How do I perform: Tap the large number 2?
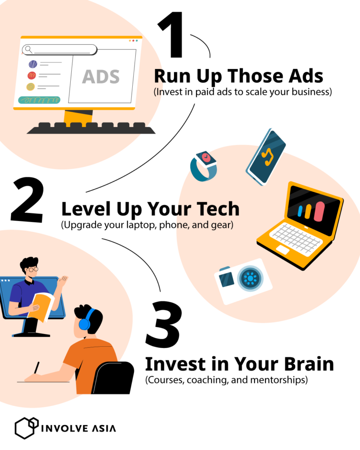point(28,200)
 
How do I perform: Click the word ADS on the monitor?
point(101,76)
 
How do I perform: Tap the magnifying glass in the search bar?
point(29,50)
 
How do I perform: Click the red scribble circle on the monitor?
point(32,76)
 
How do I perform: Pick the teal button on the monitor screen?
point(39,100)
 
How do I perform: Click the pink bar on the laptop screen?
point(319,211)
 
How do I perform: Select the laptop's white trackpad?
point(283,250)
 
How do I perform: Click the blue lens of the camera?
point(250,278)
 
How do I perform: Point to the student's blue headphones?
point(86,320)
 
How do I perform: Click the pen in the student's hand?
point(36,368)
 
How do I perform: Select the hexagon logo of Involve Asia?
point(26,428)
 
